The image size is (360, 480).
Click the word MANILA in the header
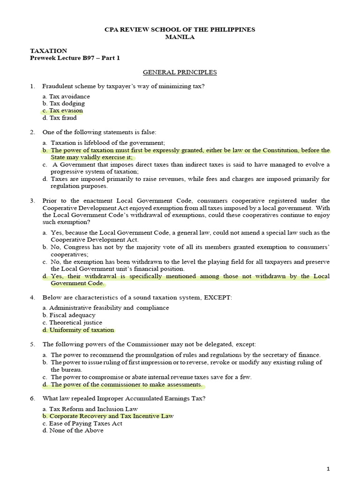(x=180, y=37)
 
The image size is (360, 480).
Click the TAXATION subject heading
(x=48, y=51)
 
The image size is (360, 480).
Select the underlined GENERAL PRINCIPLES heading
(x=180, y=72)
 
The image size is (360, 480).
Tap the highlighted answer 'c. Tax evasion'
(x=62, y=111)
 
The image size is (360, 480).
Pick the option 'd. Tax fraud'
(x=60, y=118)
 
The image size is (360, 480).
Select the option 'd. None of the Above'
(x=73, y=430)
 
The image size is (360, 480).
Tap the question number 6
(x=32, y=398)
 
